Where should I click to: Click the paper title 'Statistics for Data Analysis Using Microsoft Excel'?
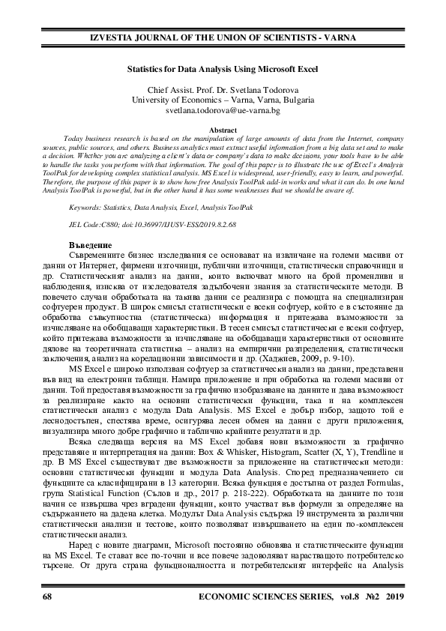click(223, 67)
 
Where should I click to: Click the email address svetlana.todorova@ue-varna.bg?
click(223, 110)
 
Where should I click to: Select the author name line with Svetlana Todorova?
click(223, 89)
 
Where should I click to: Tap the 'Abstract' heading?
click(223, 130)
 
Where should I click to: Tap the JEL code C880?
click(117, 225)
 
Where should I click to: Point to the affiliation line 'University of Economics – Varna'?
click(223, 100)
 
